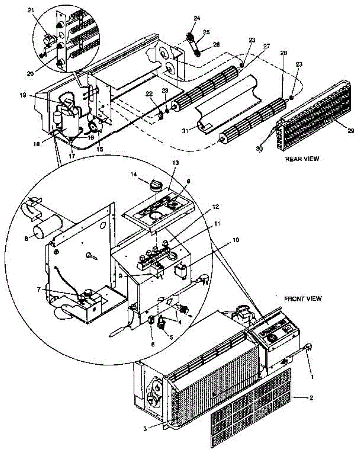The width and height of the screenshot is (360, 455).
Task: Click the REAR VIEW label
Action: pyautogui.click(x=302, y=159)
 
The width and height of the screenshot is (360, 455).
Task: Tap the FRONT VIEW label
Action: pyautogui.click(x=303, y=299)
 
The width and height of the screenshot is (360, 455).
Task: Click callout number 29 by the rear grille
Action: pyautogui.click(x=351, y=131)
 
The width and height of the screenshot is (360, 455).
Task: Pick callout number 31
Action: pyautogui.click(x=185, y=132)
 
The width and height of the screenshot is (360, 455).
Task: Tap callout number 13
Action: pyautogui.click(x=175, y=162)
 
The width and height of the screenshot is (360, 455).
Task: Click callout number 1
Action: pyautogui.click(x=313, y=377)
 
